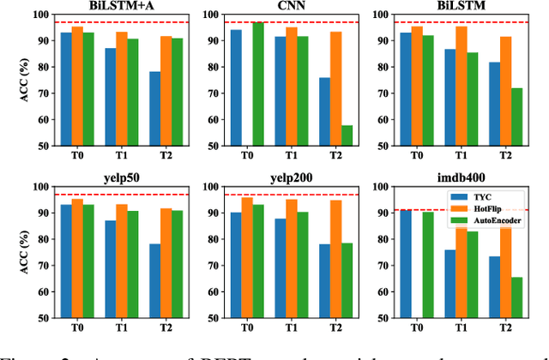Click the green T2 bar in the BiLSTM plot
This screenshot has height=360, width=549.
click(516, 116)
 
